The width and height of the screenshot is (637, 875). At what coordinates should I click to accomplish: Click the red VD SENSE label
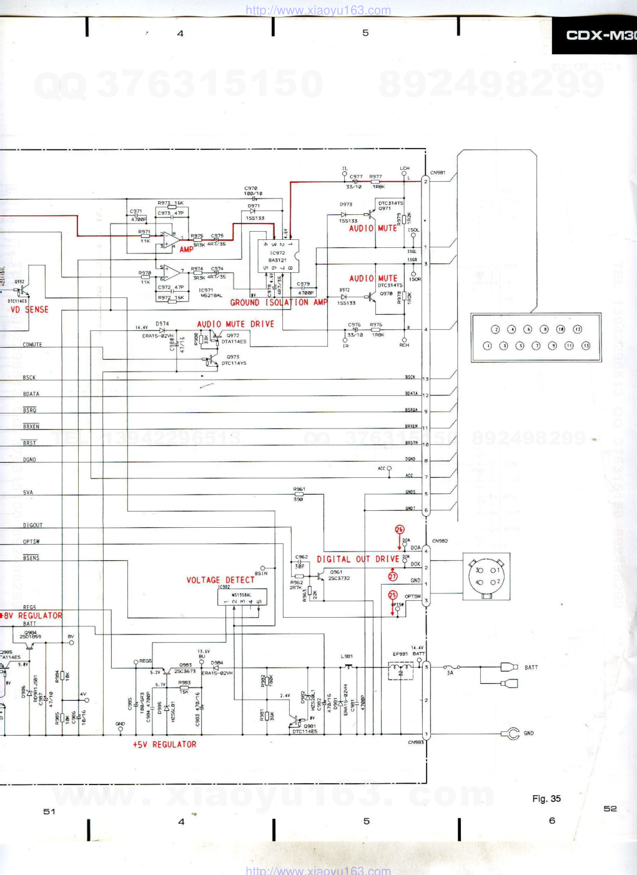(x=29, y=310)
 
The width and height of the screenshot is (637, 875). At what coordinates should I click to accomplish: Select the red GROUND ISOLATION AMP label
(x=279, y=303)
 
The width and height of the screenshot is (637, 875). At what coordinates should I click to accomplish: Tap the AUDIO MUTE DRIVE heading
(x=235, y=324)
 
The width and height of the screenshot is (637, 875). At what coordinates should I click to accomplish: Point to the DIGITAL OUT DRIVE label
(x=357, y=560)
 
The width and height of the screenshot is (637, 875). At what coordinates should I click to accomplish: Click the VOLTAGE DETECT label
(x=220, y=580)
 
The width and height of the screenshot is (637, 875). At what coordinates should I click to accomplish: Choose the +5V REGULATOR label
(x=164, y=744)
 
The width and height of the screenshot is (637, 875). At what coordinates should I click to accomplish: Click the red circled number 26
(x=400, y=530)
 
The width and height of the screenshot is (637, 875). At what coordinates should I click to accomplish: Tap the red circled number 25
(x=393, y=595)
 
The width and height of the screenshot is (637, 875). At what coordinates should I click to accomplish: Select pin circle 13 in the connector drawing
(x=586, y=345)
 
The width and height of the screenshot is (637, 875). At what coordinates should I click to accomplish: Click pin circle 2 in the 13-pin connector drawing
(x=495, y=329)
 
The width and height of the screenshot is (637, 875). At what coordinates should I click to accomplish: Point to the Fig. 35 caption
(x=546, y=799)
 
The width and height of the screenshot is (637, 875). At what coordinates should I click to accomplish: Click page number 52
(x=610, y=809)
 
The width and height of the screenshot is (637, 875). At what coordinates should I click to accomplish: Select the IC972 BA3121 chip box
(x=278, y=256)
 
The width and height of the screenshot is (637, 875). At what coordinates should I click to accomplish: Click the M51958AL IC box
(x=242, y=598)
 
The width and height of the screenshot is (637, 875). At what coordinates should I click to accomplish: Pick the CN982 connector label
(x=440, y=541)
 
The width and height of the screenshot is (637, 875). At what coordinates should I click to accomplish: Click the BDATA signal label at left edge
(x=31, y=394)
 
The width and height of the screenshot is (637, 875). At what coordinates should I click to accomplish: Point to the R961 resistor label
(x=299, y=489)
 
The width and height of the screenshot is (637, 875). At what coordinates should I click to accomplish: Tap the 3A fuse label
(x=450, y=673)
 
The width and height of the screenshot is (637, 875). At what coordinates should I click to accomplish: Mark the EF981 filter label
(x=400, y=654)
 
